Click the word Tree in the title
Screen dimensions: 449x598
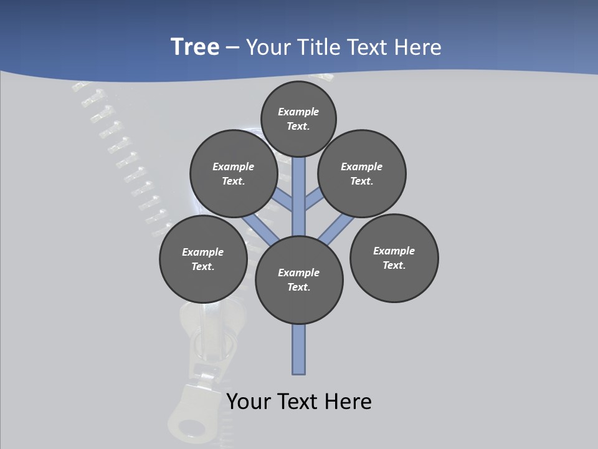(195, 47)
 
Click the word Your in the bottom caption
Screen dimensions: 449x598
(249, 402)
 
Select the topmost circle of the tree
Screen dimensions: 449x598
(298, 118)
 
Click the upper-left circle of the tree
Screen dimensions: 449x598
(233, 173)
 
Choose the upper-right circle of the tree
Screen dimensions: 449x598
(362, 173)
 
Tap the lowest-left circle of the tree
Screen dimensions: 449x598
(203, 259)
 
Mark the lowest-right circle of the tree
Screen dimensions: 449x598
(394, 258)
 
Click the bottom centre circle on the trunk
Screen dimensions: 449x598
(299, 279)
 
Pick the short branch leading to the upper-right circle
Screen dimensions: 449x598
(314, 200)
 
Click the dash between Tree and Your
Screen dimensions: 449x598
(232, 47)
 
